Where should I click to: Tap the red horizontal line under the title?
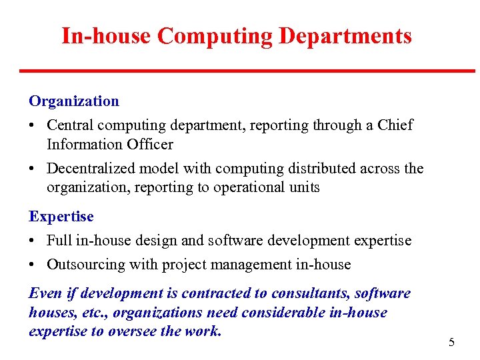click(247, 71)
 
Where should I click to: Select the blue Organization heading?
click(74, 101)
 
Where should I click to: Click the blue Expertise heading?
click(61, 217)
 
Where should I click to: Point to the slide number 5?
click(451, 343)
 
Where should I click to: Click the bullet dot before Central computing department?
click(33, 125)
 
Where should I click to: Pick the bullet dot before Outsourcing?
click(33, 265)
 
